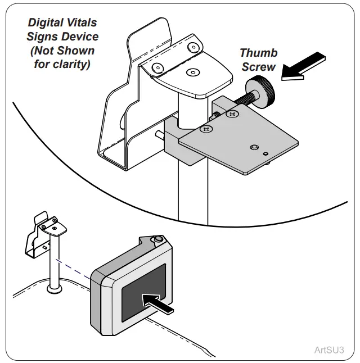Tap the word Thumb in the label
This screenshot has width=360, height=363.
[258, 53]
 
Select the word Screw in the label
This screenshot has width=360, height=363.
[258, 66]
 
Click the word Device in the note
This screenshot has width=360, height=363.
[79, 37]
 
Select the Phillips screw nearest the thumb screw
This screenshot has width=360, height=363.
[231, 114]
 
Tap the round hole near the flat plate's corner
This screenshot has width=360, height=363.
[254, 147]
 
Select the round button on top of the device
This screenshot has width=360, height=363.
[158, 240]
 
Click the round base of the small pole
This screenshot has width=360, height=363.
[54, 289]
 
